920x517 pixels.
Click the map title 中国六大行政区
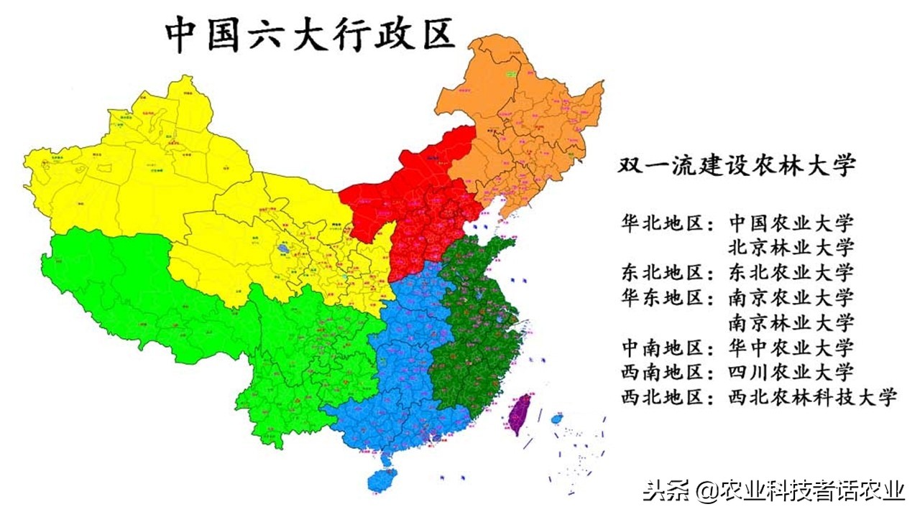coord(310,34)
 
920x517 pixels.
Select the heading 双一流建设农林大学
coord(737,165)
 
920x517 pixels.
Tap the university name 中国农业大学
coord(791,222)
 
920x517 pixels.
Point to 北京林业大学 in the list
coord(791,247)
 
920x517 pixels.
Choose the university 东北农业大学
coord(791,272)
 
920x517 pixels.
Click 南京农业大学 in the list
coord(791,297)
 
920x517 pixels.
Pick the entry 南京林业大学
coord(791,322)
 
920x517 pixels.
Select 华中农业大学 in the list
coord(791,347)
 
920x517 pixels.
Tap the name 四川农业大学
coord(791,371)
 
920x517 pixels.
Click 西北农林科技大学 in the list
coord(813,396)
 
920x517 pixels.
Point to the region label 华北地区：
coord(668,222)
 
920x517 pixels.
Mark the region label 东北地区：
coord(668,272)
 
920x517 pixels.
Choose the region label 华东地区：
coord(668,297)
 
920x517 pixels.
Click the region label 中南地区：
coord(668,347)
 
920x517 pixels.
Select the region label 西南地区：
coord(668,371)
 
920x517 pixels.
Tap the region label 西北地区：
coord(668,396)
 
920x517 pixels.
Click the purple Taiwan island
coord(520,414)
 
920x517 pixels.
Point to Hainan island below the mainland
coord(381,479)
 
